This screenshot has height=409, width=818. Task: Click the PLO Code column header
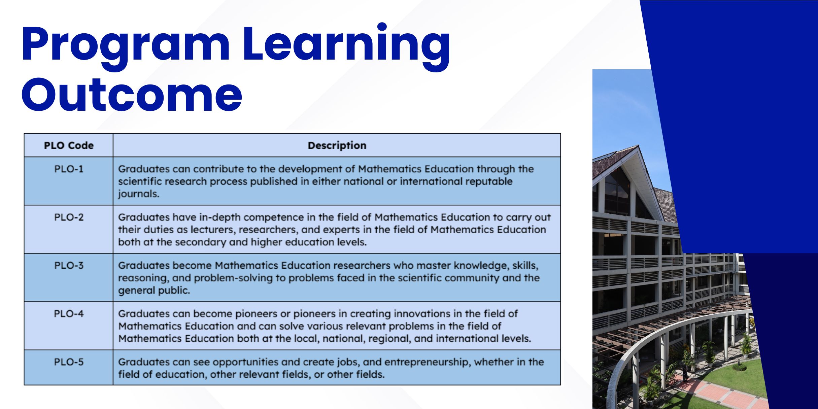[x=69, y=145]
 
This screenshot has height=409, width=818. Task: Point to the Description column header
[x=337, y=145]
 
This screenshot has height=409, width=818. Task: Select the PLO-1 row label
[x=69, y=169]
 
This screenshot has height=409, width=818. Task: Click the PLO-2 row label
[x=69, y=217]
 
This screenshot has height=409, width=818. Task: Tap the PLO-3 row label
[x=69, y=265]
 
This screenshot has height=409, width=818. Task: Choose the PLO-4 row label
[x=69, y=313]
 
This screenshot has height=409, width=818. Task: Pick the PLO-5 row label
[x=69, y=362]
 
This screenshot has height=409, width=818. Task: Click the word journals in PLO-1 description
[x=138, y=194]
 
